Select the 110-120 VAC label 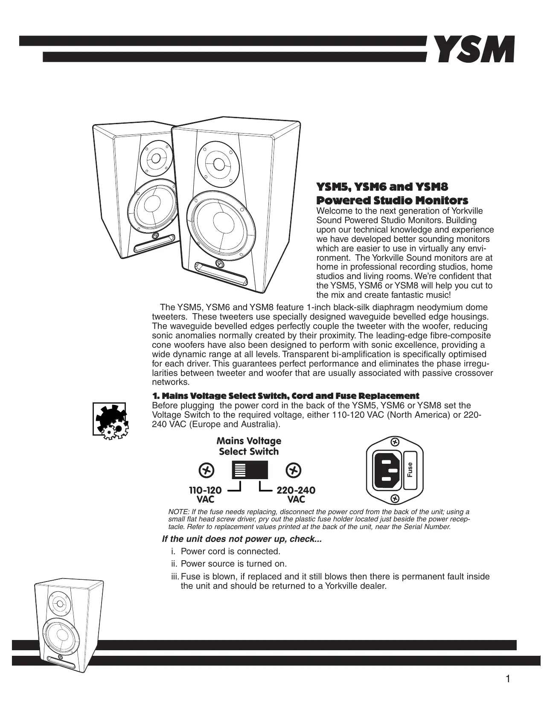tap(205, 495)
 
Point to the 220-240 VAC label tap(296, 495)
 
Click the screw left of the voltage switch tap(207, 471)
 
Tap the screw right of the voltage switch tap(293, 471)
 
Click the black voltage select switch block tap(250, 470)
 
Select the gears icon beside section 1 tap(109, 419)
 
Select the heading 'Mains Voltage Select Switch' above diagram tap(249, 446)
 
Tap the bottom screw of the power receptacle tap(395, 498)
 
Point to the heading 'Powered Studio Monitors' tap(392, 200)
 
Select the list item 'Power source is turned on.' tap(234, 564)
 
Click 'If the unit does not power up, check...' tap(242, 539)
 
